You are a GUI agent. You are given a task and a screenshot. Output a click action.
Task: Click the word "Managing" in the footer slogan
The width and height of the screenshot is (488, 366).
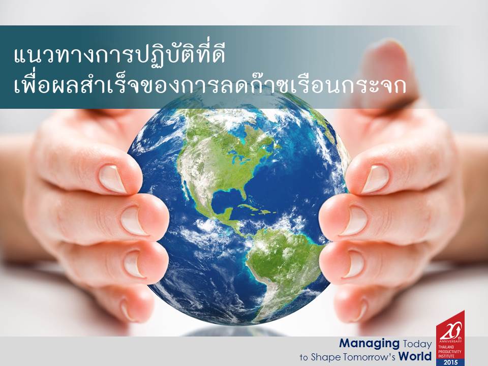click(369, 344)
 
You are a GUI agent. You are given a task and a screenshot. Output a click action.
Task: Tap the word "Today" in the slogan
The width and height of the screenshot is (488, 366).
click(417, 344)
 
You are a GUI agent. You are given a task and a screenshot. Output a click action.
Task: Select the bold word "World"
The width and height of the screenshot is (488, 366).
click(415, 356)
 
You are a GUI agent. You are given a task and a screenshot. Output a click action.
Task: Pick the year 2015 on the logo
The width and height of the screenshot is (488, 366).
click(450, 362)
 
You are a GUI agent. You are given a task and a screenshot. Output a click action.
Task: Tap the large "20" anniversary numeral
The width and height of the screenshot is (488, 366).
click(449, 332)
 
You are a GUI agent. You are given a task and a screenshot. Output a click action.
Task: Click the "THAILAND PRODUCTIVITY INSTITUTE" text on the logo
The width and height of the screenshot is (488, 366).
click(450, 351)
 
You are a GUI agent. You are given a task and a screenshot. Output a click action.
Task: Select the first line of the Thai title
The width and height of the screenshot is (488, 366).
click(119, 56)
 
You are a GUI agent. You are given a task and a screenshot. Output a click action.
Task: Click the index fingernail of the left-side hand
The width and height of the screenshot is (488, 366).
click(112, 179)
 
